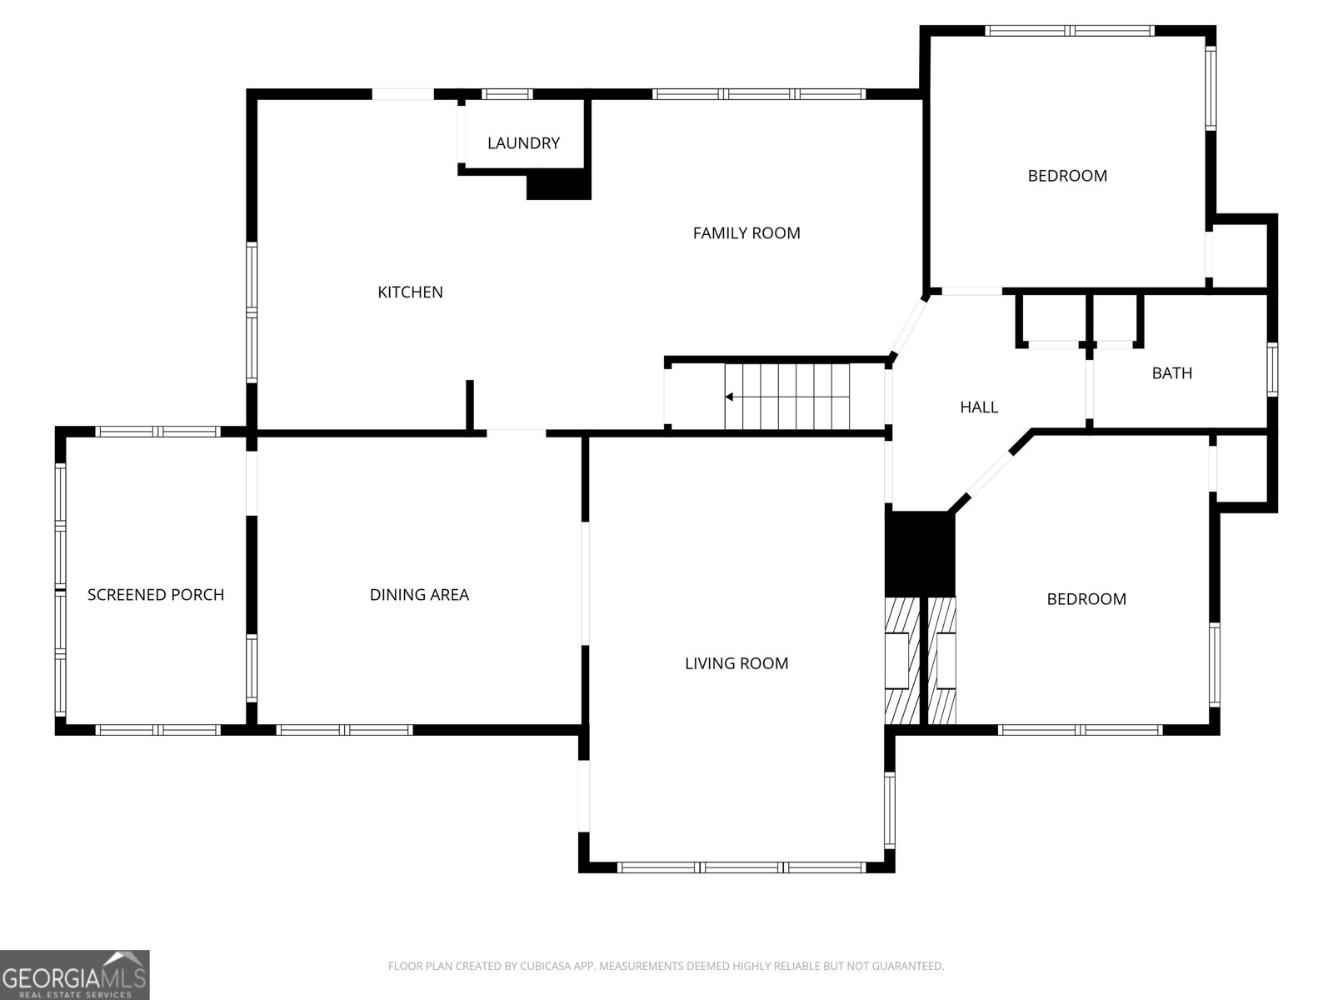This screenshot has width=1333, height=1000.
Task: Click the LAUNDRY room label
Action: (x=523, y=143)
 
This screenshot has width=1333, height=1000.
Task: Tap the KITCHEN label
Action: (x=410, y=292)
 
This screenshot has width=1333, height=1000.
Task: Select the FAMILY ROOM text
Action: (x=746, y=233)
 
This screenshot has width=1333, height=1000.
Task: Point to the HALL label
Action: (x=979, y=407)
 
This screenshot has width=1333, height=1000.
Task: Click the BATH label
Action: (x=1171, y=373)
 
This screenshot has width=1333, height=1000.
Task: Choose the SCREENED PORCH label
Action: (x=156, y=595)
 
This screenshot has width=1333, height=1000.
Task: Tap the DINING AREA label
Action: (x=419, y=595)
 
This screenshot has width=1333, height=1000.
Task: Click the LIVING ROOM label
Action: (x=736, y=663)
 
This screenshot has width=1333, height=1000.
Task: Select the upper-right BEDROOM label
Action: (x=1067, y=176)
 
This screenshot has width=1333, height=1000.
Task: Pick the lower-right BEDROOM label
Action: (x=1086, y=599)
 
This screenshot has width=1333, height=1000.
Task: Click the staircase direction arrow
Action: (x=730, y=397)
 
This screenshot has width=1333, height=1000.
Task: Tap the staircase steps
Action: (x=787, y=397)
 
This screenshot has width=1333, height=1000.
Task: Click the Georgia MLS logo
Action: (x=74, y=974)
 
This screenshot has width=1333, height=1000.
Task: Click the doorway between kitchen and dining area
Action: (x=516, y=432)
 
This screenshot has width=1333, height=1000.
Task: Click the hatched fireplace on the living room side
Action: (x=901, y=661)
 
